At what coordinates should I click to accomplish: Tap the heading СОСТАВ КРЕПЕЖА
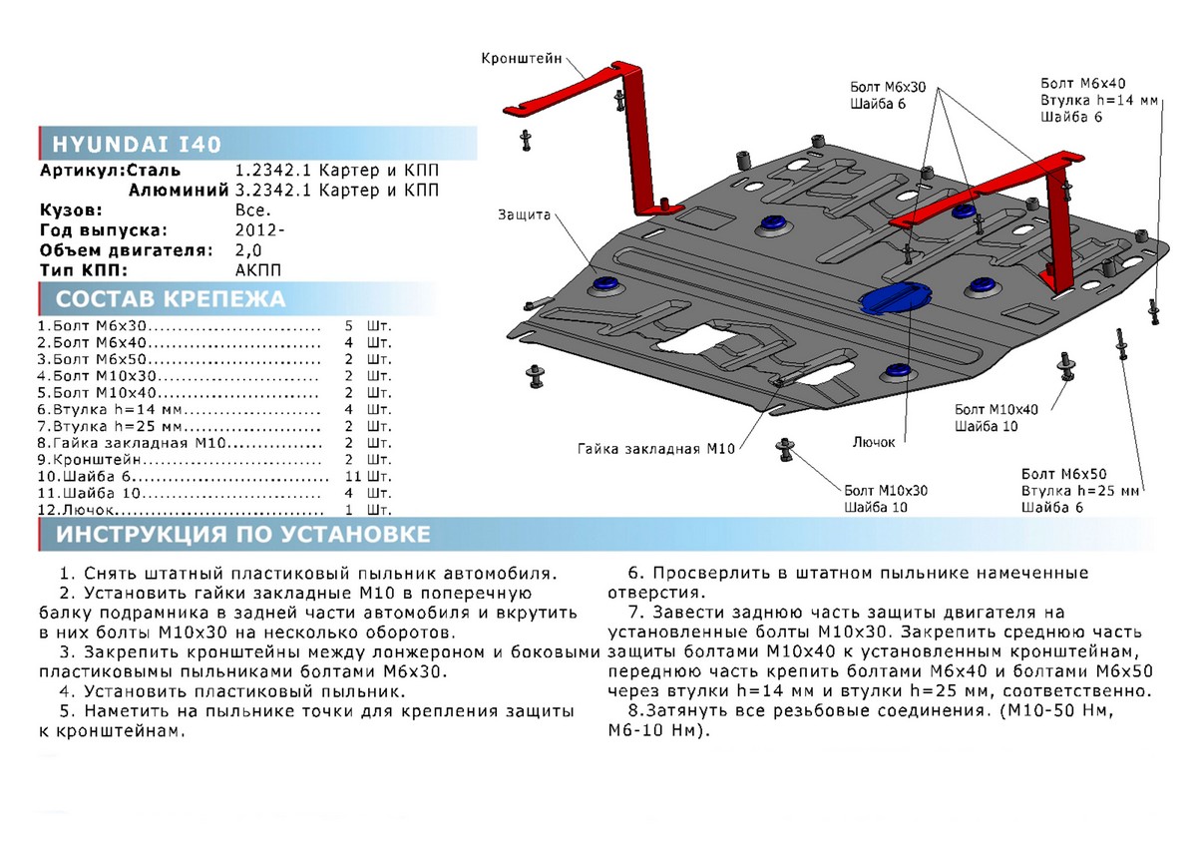tap(170, 299)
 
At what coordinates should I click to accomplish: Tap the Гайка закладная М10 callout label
tap(655, 448)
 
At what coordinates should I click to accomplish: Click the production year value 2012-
tap(256, 230)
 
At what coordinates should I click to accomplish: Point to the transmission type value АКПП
tap(255, 270)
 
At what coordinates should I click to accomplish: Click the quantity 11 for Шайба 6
tap(347, 477)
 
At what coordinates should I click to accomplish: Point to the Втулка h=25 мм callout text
tap(1079, 492)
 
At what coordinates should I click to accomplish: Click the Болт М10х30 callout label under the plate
tap(886, 490)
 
